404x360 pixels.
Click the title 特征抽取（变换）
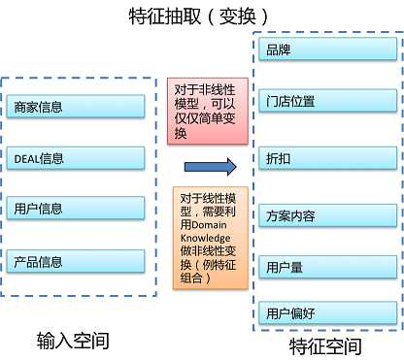pos(200,16)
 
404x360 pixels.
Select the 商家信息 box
pos(75,106)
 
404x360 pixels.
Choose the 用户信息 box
pos(75,209)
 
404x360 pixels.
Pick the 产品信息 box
pos(75,261)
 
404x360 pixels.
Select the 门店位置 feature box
pos(326,101)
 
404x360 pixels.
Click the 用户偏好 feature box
pos(326,312)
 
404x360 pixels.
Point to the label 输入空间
pos(72,340)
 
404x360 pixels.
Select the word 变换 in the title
pos(238,16)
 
